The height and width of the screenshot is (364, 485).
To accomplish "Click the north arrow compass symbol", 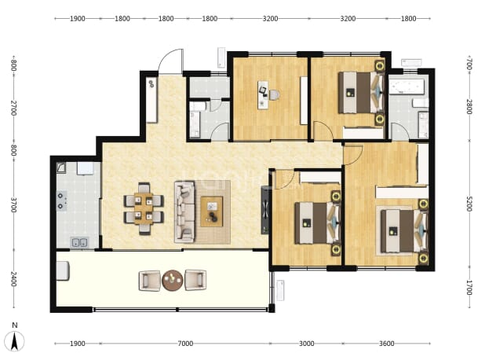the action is tap(14, 340).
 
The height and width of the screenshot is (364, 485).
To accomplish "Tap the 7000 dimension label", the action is tap(185, 344).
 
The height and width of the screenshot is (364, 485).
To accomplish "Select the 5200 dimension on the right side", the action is tap(469, 204).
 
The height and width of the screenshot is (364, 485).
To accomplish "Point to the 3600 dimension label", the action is tap(387, 344).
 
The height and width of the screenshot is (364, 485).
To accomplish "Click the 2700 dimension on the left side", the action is tap(13, 108).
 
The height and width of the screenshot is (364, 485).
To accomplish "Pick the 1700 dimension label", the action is tap(469, 288).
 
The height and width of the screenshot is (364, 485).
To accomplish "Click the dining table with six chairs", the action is tap(144, 208).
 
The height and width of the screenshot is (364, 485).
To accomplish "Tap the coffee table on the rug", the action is tap(212, 211).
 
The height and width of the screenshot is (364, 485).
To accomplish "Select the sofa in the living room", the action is tap(185, 211).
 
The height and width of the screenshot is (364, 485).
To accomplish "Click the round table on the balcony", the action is tap(173, 281).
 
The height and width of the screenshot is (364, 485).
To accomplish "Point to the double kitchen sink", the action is tap(79, 242).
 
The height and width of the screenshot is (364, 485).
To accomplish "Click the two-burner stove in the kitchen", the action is tap(61, 200).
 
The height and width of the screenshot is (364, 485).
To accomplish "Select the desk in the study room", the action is tap(263, 95).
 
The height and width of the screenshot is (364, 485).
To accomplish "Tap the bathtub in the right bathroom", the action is tap(406, 86).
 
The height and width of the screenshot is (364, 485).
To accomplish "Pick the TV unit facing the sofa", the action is tap(265, 210).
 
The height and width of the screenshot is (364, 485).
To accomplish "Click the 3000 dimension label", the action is tap(307, 344).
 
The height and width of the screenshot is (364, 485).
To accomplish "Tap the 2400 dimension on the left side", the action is tap(13, 279).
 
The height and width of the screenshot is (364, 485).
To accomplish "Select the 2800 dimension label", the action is tap(469, 107).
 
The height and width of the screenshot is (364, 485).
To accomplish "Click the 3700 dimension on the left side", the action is tap(13, 204).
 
